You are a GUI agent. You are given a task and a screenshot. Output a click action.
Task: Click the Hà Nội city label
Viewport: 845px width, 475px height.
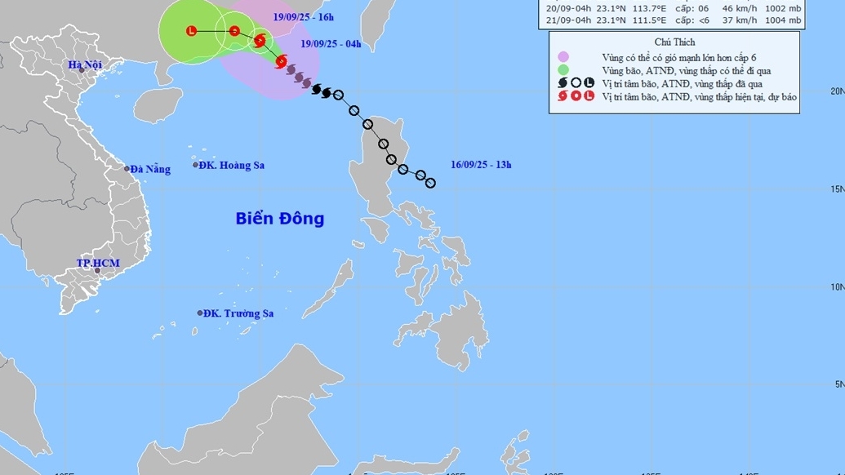point(84,65)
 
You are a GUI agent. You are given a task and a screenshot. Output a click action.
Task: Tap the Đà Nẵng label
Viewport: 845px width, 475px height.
point(151,169)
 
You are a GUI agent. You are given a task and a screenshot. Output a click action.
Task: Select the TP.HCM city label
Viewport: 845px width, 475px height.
point(98,263)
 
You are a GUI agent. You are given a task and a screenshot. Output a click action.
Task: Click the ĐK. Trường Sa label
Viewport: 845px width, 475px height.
point(238,313)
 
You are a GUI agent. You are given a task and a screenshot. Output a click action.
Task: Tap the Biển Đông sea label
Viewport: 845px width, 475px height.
point(280,219)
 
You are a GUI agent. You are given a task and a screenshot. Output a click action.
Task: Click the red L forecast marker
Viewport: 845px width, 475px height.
point(191,31)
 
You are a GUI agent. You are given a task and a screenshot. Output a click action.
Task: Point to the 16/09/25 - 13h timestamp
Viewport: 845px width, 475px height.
point(481,164)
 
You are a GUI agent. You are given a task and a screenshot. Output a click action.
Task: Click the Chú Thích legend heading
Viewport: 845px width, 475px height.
point(673,42)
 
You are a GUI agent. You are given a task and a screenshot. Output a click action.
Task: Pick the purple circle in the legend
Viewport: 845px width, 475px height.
point(563,57)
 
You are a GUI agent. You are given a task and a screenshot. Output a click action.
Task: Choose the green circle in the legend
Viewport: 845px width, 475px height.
point(563,70)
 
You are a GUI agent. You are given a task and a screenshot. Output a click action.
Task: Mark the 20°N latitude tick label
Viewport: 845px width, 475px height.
point(836,91)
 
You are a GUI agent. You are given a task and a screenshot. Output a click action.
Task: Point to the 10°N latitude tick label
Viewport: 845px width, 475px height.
point(836,286)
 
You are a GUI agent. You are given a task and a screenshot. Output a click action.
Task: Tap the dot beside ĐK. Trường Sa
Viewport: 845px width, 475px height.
point(200,313)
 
